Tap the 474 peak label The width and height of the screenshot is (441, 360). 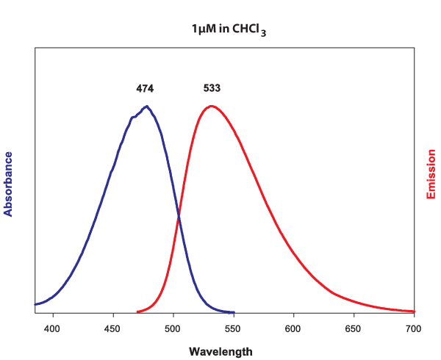[x=145, y=88]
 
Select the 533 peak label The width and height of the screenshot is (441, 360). [x=212, y=88]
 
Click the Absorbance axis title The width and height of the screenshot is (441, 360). [x=9, y=184]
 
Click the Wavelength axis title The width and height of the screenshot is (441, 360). [x=220, y=351]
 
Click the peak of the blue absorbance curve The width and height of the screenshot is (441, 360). [x=147, y=107]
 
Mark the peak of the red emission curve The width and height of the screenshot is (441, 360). [x=212, y=106]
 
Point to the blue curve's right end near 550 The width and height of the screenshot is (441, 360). [x=233, y=312]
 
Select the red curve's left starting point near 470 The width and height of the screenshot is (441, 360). [x=137, y=312]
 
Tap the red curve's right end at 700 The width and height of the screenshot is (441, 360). [x=414, y=312]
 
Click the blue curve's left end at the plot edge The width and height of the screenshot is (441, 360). [x=35, y=304]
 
